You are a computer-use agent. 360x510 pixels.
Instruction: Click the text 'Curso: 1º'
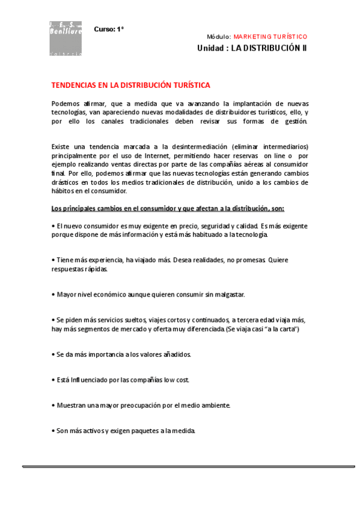coord(108,29)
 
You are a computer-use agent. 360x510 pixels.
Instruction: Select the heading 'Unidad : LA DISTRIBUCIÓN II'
coord(252,48)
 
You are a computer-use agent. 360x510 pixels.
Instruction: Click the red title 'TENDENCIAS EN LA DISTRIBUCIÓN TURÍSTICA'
coord(131,85)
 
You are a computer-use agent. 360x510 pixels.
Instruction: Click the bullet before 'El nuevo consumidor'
coord(53,226)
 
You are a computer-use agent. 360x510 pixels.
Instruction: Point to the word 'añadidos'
coord(175,355)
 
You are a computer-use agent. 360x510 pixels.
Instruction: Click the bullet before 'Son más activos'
coord(53,431)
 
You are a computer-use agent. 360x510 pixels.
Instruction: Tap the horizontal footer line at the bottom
coord(189,466)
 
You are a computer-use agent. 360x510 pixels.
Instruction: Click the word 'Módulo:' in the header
coord(219,37)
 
